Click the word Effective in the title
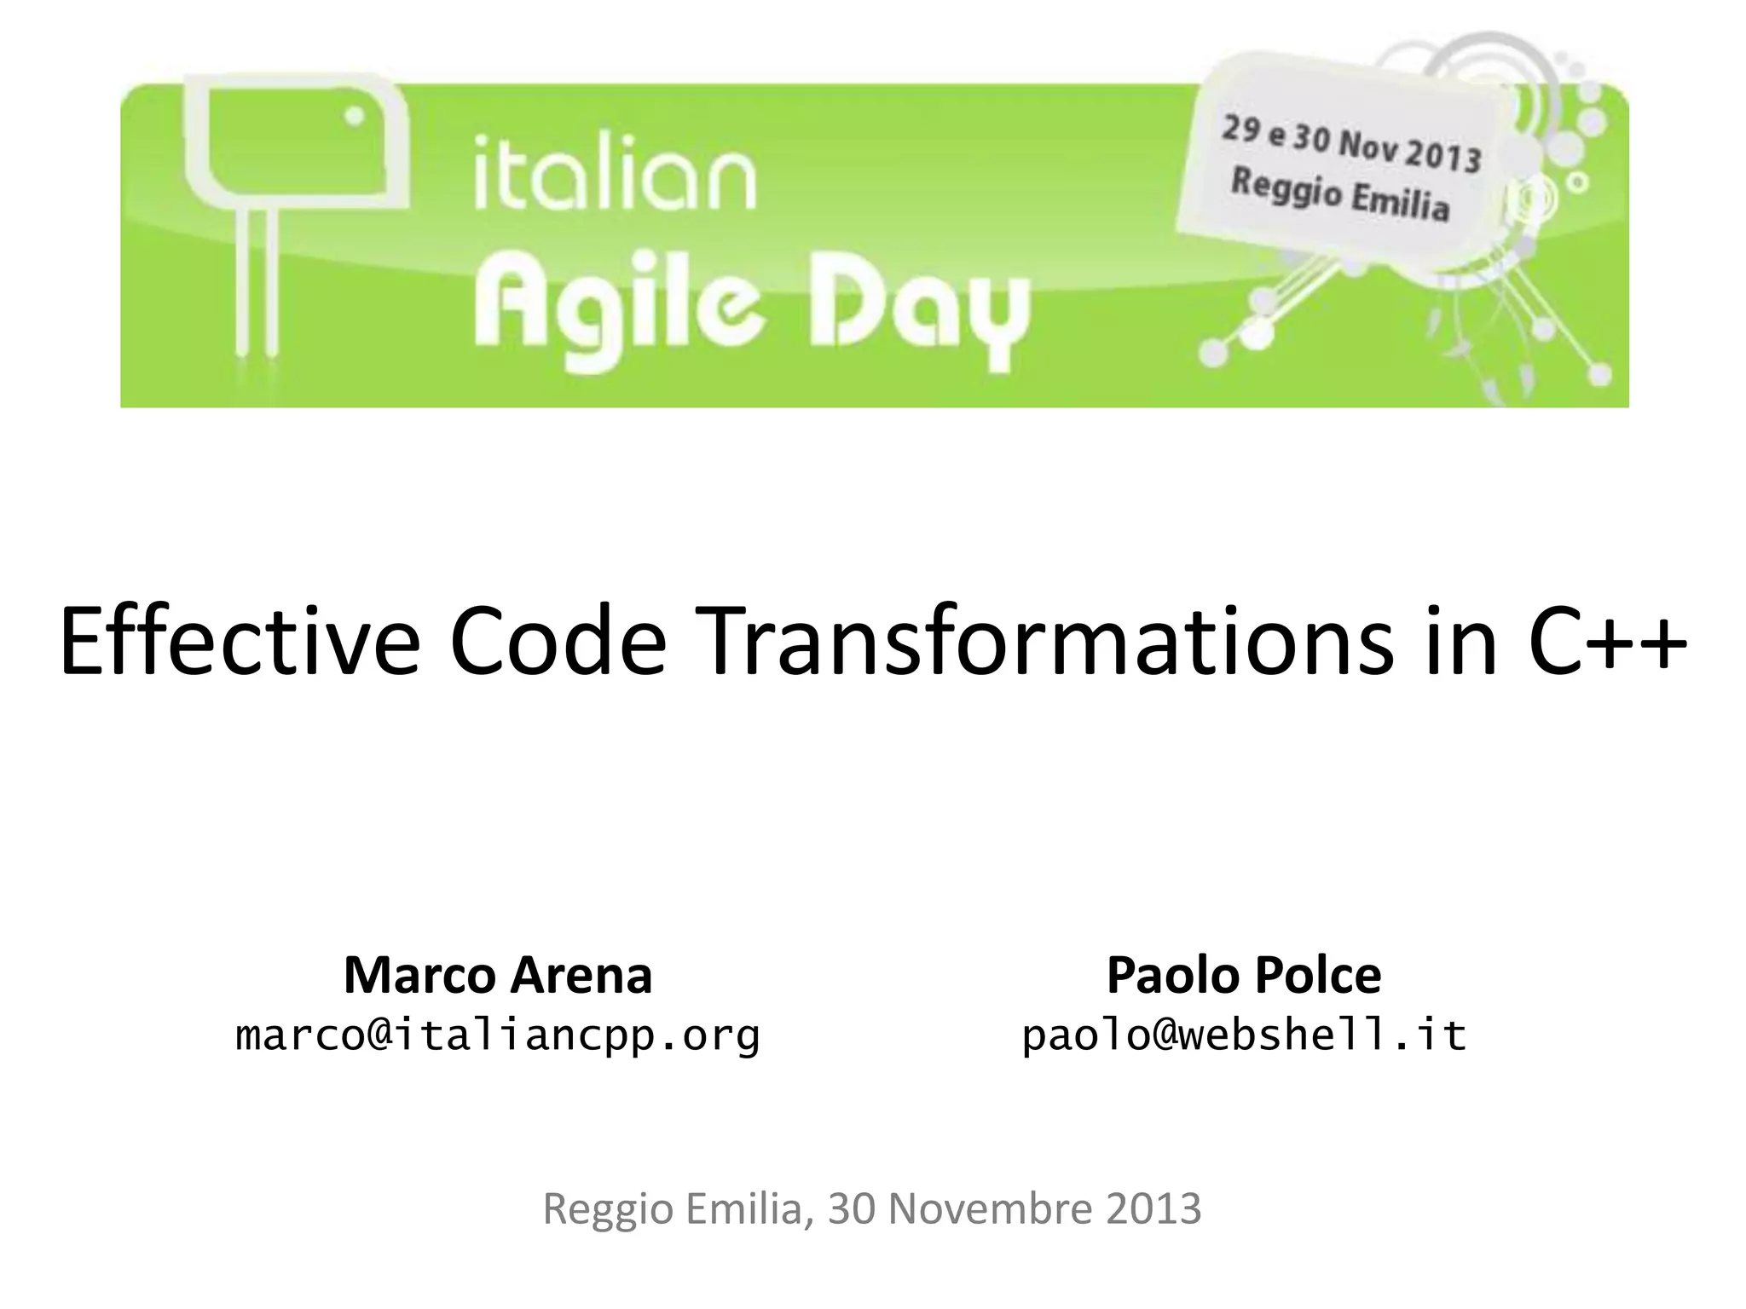(x=240, y=641)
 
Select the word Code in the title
(x=558, y=641)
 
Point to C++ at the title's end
(x=1606, y=641)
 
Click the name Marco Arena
(x=498, y=975)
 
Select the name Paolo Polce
(x=1244, y=975)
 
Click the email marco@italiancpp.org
(x=498, y=1035)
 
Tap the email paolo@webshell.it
(x=1244, y=1035)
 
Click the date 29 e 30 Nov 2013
(x=1351, y=145)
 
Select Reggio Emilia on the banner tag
(x=1339, y=195)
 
